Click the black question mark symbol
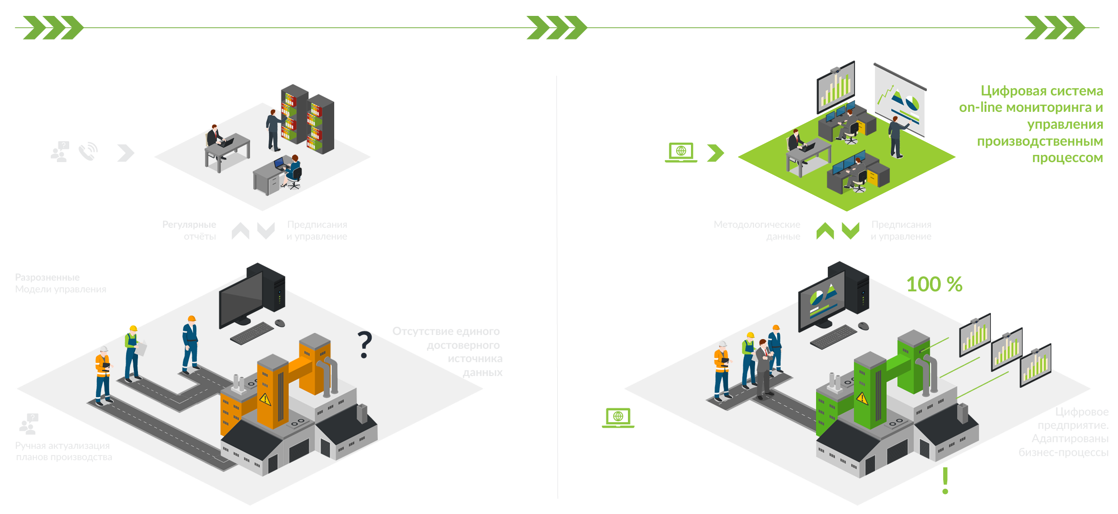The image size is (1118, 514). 364,344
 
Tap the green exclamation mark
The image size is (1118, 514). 945,481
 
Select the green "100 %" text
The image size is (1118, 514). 934,284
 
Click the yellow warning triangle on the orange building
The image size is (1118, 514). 265,399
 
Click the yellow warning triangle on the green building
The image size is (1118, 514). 862,398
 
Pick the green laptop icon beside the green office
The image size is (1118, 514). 681,152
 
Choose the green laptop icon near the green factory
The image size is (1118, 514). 618,417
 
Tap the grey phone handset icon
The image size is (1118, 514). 88,151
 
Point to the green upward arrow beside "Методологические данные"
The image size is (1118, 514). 825,231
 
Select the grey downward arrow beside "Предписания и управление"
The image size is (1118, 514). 266,231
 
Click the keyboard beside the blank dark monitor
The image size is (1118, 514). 252,333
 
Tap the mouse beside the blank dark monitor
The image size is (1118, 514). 280,323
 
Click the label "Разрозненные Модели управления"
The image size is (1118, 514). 60,283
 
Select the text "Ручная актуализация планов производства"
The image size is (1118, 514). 64,451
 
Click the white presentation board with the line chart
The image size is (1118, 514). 899,100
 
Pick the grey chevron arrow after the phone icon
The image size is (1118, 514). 125,152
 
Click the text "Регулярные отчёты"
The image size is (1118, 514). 189,230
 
